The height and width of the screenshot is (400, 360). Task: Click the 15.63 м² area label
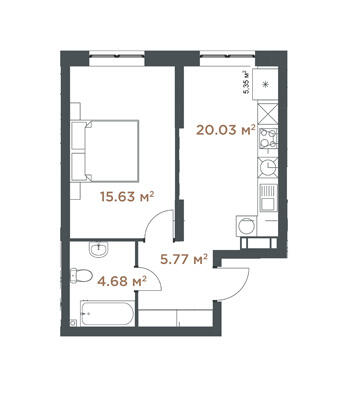point(127,197)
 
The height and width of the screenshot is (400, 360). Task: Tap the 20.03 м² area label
point(226,130)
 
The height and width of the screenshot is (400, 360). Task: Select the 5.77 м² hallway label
point(184,259)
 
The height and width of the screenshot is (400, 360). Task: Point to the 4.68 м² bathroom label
point(122,281)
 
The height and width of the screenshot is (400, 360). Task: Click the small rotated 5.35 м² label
point(247,82)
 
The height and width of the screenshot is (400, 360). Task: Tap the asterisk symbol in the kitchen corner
point(266,84)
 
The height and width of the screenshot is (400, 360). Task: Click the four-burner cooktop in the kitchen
point(268,138)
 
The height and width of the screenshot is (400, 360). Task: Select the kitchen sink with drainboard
point(268,199)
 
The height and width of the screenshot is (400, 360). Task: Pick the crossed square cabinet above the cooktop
point(268,114)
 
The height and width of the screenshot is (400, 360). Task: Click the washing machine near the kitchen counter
point(247,226)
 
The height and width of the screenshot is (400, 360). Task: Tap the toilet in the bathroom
point(81,276)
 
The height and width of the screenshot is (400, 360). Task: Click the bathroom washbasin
point(99,249)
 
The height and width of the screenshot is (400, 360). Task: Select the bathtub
point(107,313)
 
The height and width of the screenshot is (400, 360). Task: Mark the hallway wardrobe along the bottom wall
point(175,318)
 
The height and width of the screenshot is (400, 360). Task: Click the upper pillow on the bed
point(79,136)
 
